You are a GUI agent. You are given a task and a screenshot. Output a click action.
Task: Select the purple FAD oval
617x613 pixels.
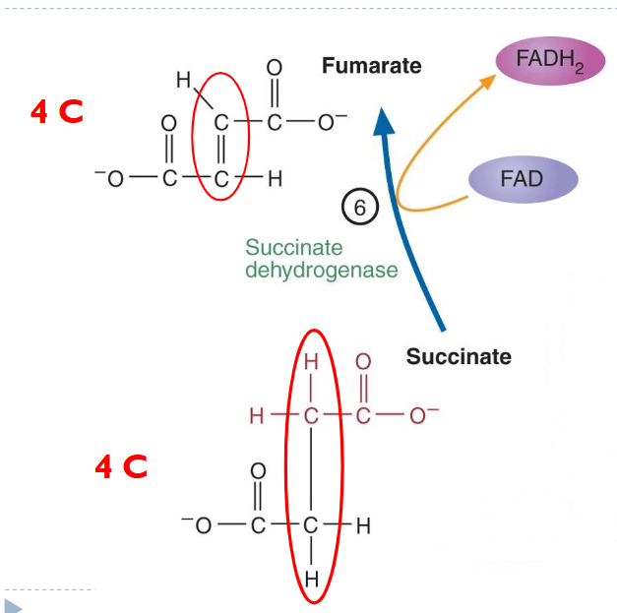[521, 179]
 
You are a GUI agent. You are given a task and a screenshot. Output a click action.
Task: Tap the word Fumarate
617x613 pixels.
[371, 66]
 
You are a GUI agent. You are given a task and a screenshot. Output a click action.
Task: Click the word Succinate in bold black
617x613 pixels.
[459, 356]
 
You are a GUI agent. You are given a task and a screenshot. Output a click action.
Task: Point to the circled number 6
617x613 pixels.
[359, 207]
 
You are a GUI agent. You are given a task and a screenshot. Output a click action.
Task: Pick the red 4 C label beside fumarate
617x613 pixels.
[56, 113]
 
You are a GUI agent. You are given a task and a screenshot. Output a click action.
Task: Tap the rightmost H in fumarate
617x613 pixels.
[276, 179]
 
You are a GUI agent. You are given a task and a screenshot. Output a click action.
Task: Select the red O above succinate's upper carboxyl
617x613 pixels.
[363, 362]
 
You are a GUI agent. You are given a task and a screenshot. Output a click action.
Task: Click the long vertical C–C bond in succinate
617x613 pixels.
[312, 470]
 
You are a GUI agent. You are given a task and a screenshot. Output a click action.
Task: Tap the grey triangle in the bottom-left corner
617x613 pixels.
[13, 604]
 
